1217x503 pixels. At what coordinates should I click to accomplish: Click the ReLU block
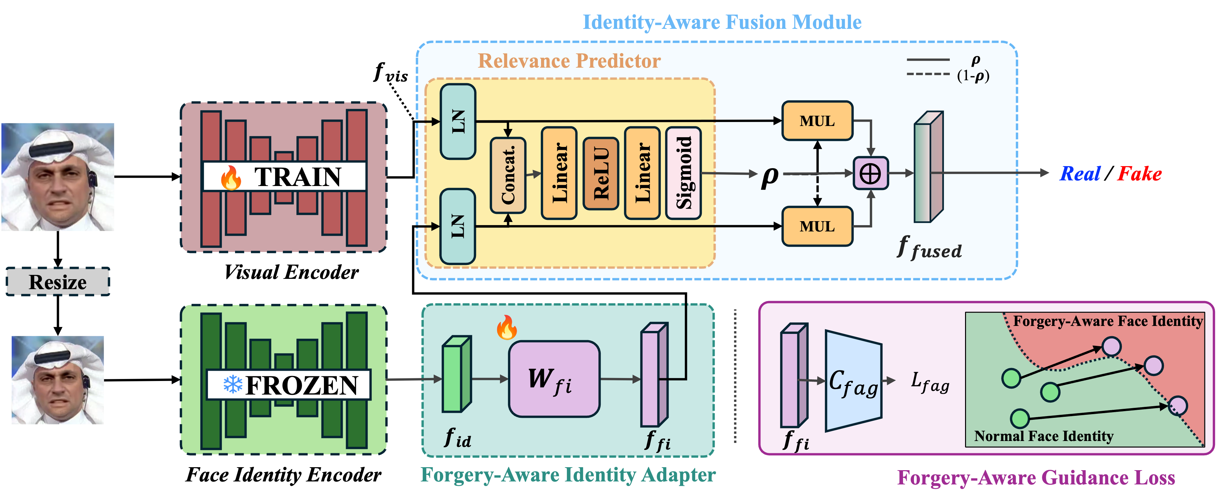600,173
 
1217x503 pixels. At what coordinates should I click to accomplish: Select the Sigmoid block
683,173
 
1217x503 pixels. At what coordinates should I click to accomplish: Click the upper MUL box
817,121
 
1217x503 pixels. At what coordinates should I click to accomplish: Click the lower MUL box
817,226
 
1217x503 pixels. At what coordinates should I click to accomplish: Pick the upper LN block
458,121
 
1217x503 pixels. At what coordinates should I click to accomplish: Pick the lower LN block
458,226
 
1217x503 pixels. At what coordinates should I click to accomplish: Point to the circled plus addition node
870,173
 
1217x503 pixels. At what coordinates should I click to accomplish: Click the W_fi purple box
554,379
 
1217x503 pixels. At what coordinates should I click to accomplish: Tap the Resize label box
58,282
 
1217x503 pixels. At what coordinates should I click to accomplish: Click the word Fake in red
1139,174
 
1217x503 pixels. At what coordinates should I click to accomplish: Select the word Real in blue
1080,174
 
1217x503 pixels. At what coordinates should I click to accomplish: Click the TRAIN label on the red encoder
298,177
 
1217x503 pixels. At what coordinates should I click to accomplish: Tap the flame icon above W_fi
507,327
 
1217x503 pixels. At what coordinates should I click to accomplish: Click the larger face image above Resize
58,177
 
